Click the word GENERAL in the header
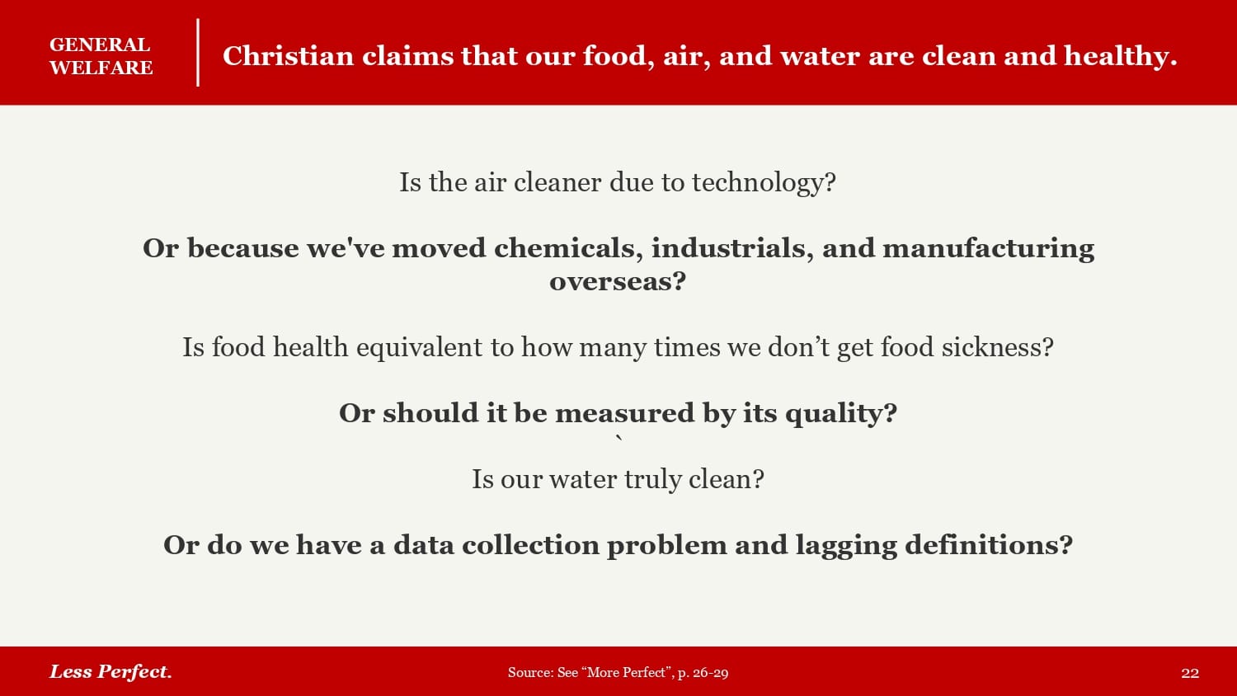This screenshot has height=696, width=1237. click(100, 45)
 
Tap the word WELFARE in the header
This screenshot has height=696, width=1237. click(101, 68)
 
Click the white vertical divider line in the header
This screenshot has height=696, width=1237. click(198, 53)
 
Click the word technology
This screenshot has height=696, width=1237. click(764, 183)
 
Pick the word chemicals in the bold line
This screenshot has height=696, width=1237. click(568, 248)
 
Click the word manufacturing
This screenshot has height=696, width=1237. click(989, 248)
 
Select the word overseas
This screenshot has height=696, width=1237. click(618, 282)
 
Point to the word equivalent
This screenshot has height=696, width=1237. click(419, 348)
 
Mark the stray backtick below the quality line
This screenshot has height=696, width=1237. click(619, 440)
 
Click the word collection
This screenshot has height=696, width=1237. click(530, 545)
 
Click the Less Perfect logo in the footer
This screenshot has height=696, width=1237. click(111, 672)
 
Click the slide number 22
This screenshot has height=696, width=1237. click(1190, 673)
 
